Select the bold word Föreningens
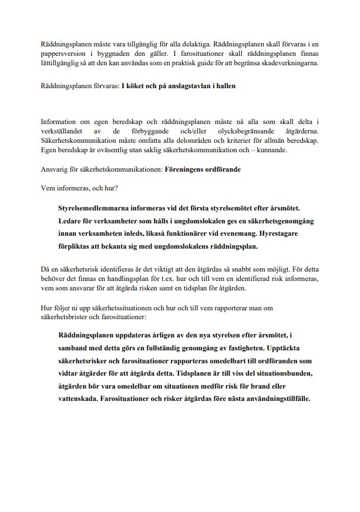pyautogui.click(x=189, y=169)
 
